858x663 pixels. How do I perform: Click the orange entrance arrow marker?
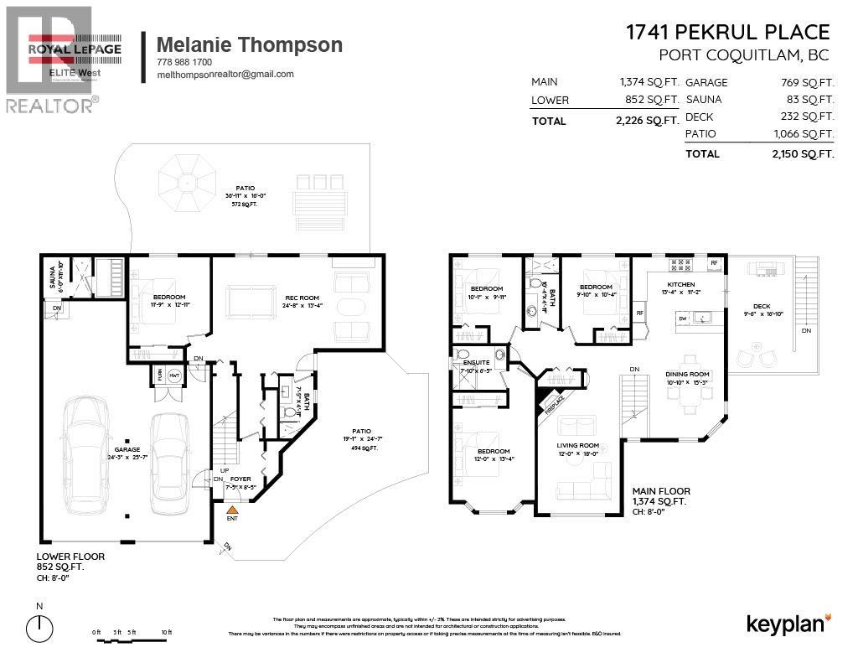pos(232,509)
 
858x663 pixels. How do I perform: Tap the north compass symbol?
pos(39,627)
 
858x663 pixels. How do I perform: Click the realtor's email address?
pos(225,74)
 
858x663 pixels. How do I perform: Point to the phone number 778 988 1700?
pos(184,62)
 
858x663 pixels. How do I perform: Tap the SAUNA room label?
pos(51,277)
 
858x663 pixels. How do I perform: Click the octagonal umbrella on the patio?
pos(189,174)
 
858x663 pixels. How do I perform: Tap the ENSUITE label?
pos(463,363)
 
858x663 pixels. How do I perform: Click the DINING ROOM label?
pos(687,374)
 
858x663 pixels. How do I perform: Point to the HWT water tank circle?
pos(175,376)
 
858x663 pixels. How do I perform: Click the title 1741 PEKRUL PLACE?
pos(727,33)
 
